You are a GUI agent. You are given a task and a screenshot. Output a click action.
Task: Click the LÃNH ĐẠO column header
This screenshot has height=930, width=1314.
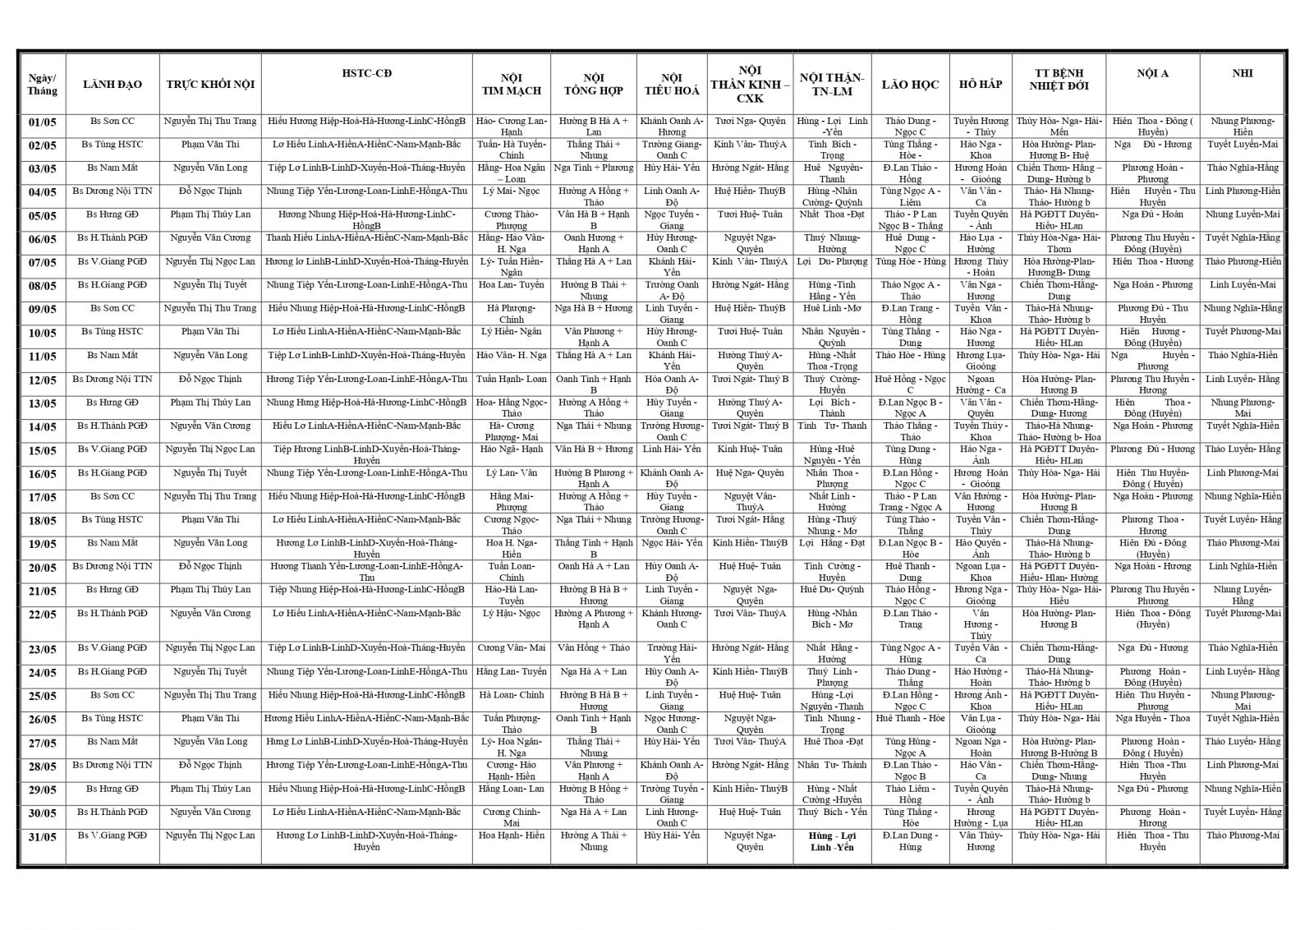click(113, 85)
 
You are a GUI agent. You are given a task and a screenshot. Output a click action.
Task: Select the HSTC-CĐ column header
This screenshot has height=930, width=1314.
click(366, 73)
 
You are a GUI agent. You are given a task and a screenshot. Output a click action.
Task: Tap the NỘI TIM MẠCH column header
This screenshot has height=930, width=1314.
click(511, 85)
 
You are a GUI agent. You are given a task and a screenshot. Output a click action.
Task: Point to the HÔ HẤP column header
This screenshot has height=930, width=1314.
click(981, 85)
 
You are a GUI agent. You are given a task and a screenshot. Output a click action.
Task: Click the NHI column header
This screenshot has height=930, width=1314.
click(1242, 73)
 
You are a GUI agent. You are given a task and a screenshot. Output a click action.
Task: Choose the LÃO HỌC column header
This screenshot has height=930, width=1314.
click(910, 85)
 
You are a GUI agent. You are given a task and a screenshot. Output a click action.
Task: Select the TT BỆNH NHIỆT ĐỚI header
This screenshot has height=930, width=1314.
click(1059, 79)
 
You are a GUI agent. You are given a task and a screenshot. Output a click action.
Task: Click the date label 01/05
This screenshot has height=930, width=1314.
click(42, 122)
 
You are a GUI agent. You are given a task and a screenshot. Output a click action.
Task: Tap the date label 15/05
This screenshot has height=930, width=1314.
click(42, 450)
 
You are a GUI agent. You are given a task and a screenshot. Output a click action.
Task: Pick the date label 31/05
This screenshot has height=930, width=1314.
click(42, 836)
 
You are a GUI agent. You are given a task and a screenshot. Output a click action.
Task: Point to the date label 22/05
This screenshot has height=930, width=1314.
click(42, 614)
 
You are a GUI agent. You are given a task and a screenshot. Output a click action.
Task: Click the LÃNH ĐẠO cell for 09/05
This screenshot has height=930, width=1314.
click(113, 309)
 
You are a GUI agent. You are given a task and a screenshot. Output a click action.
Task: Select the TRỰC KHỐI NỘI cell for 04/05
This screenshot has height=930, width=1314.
click(210, 191)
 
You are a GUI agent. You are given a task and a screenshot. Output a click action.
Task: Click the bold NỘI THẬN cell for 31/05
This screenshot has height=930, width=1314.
click(832, 841)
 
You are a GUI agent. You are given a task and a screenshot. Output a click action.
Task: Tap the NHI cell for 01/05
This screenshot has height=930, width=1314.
click(1242, 126)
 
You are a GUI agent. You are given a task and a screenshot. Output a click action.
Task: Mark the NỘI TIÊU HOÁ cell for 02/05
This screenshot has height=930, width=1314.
click(671, 150)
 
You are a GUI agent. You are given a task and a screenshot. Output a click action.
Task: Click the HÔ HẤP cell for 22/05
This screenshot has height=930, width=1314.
click(981, 624)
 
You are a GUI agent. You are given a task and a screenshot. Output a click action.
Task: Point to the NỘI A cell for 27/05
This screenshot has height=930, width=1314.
click(1152, 747)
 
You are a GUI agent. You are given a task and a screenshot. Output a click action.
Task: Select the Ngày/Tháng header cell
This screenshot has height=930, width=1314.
click(42, 85)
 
